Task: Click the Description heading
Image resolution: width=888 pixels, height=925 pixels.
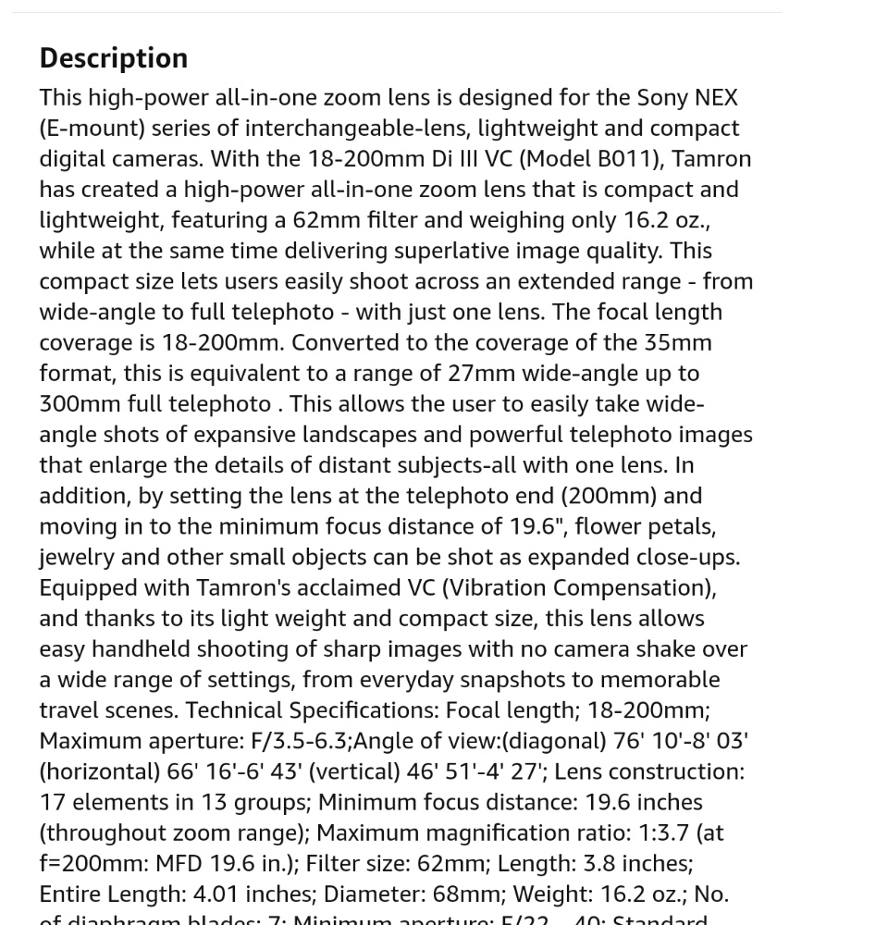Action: [113, 58]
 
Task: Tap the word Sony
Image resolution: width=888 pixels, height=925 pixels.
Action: [663, 97]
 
